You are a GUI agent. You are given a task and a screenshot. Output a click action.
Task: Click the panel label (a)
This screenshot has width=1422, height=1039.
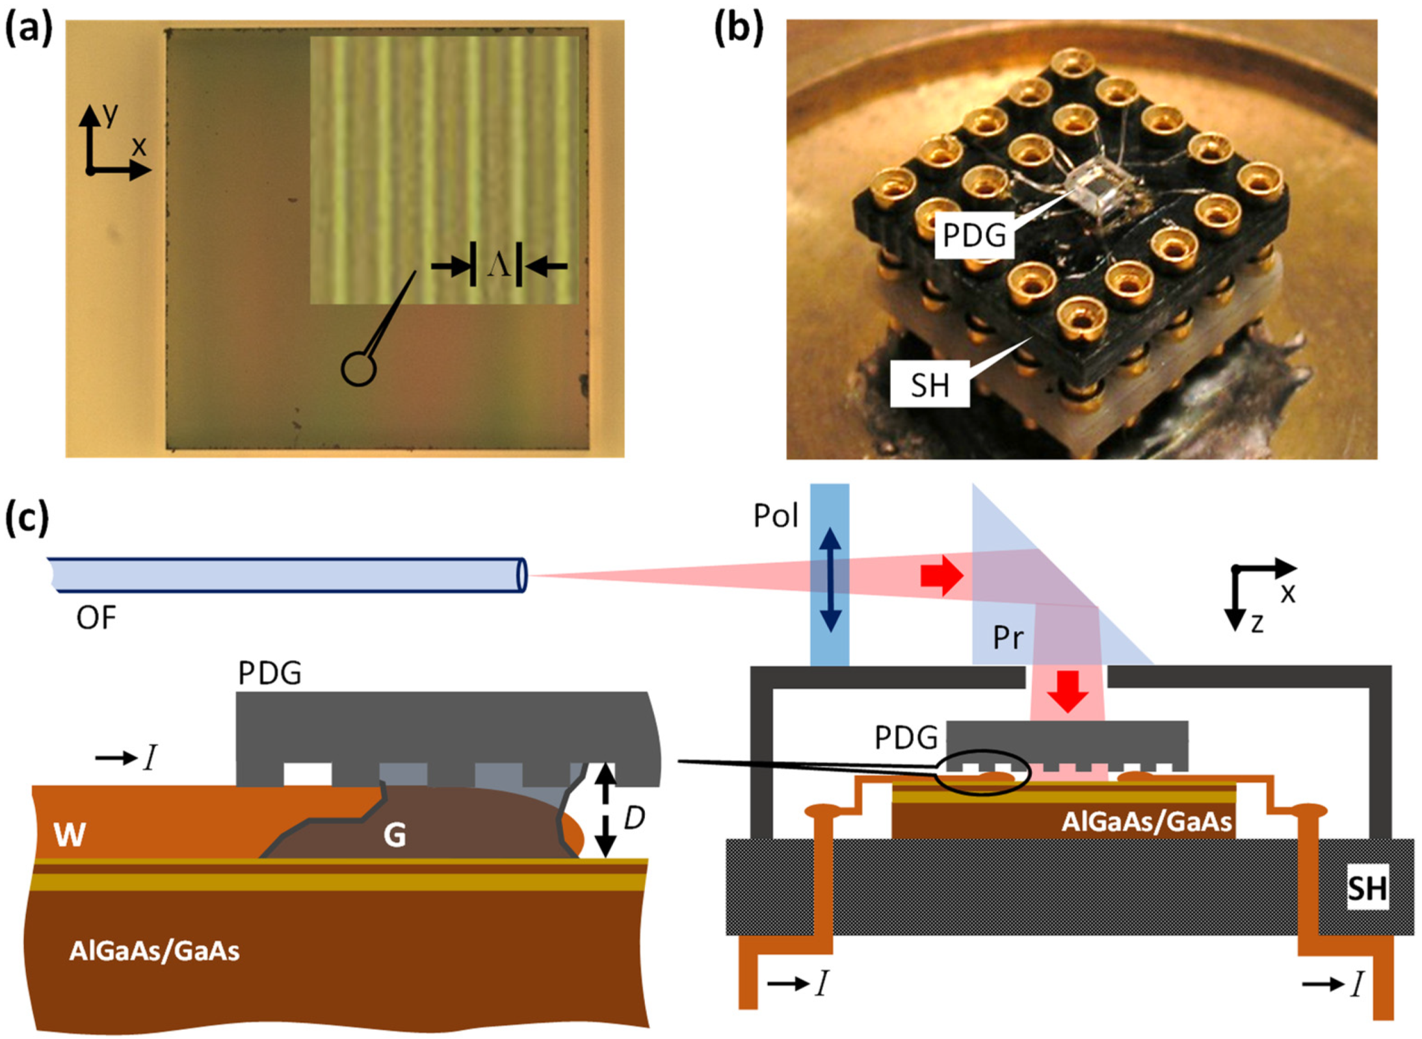pyautogui.click(x=28, y=29)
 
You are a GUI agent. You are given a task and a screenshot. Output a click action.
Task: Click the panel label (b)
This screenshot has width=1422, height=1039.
pyautogui.click(x=738, y=29)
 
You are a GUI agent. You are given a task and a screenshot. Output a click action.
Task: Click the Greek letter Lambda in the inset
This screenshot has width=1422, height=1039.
pyautogui.click(x=499, y=264)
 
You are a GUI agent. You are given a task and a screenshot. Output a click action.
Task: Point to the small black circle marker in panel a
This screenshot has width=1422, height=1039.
pyautogui.click(x=358, y=369)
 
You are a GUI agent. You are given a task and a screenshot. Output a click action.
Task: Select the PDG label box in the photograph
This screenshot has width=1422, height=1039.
pyautogui.click(x=973, y=235)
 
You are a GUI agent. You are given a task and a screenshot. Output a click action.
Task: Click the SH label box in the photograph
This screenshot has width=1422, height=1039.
pyautogui.click(x=929, y=385)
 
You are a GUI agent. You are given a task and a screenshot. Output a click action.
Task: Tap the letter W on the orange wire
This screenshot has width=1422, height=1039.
pyautogui.click(x=70, y=834)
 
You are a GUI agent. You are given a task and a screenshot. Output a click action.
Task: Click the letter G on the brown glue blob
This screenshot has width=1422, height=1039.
pyautogui.click(x=395, y=834)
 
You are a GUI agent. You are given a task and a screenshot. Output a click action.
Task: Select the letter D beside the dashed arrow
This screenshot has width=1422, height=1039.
pyautogui.click(x=634, y=818)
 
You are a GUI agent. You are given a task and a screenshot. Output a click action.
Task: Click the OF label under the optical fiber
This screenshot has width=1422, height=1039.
pyautogui.click(x=96, y=618)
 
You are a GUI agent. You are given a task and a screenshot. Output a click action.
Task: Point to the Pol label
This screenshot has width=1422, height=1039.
pyautogui.click(x=775, y=516)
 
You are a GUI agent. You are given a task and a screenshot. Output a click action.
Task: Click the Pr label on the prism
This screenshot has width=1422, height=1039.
pyautogui.click(x=1008, y=637)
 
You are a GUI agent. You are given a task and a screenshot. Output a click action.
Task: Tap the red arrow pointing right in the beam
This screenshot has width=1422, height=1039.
pyautogui.click(x=941, y=575)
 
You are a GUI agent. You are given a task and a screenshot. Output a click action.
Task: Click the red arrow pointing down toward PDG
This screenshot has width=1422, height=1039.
pyautogui.click(x=1067, y=691)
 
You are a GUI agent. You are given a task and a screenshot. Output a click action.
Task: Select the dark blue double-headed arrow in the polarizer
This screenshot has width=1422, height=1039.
pyautogui.click(x=830, y=580)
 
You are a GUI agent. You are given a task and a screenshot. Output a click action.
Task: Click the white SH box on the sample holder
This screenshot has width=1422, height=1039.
pyautogui.click(x=1367, y=888)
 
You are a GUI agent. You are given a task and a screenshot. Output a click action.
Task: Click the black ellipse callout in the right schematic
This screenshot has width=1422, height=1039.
pyautogui.click(x=982, y=772)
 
